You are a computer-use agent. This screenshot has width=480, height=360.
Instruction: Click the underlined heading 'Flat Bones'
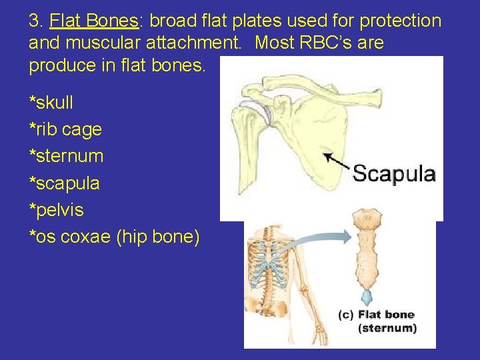click(93, 21)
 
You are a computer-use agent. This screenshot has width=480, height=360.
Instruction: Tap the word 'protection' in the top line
click(400, 21)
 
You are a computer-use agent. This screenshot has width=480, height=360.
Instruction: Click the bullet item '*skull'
click(51, 103)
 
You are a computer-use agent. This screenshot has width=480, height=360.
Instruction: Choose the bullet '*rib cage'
click(65, 129)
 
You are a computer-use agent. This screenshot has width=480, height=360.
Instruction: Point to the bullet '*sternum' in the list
click(66, 157)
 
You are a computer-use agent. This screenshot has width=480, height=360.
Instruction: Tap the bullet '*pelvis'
click(56, 210)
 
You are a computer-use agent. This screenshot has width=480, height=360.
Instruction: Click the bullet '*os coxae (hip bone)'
click(113, 237)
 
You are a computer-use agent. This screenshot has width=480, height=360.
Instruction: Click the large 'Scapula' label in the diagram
click(394, 175)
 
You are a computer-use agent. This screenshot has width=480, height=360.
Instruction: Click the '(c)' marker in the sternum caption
click(345, 315)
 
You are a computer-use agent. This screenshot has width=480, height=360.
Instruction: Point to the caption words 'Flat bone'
click(386, 315)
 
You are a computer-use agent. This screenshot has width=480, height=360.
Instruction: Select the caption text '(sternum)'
click(387, 328)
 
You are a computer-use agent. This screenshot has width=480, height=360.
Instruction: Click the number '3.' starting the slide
click(36, 21)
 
